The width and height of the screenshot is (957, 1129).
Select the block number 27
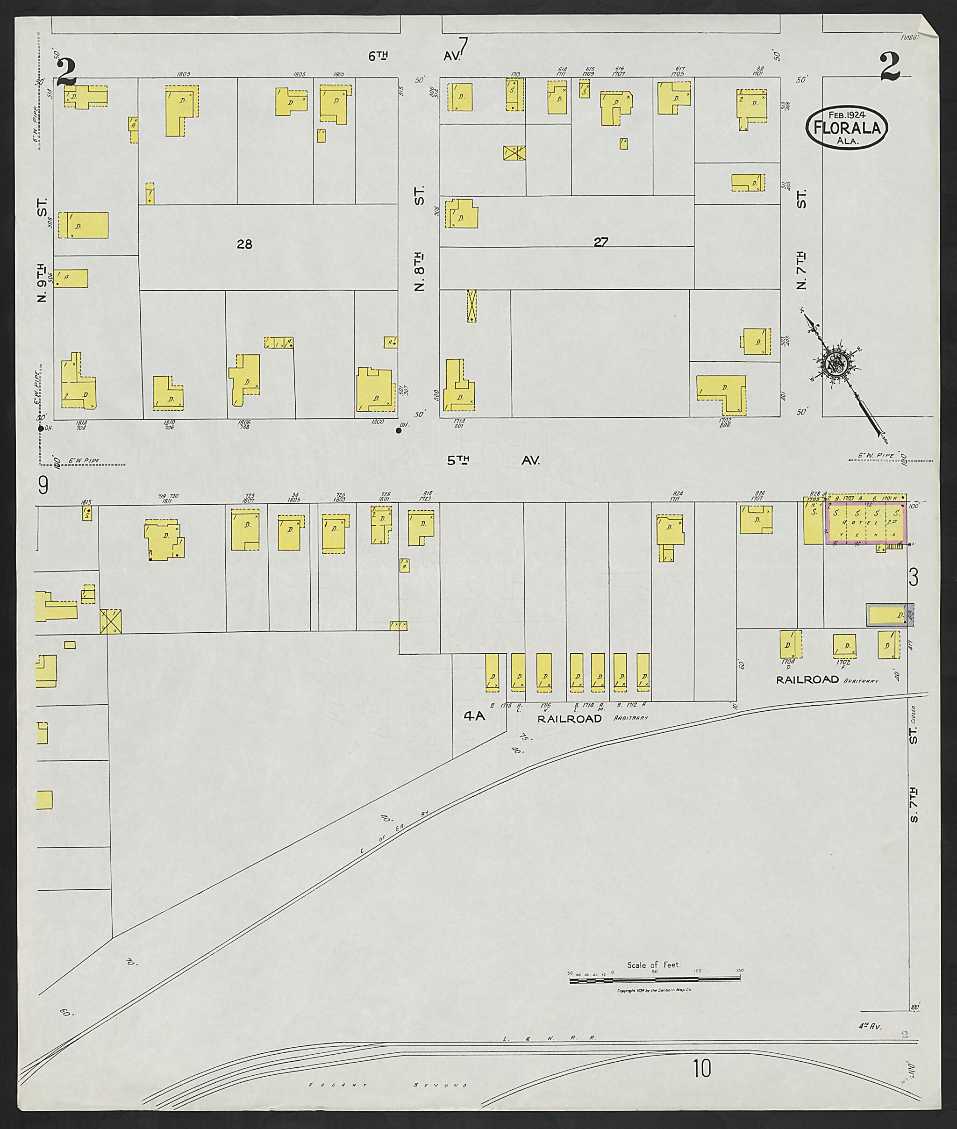(x=600, y=242)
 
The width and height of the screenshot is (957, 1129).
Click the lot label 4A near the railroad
(x=474, y=716)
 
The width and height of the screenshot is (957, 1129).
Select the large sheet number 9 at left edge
(x=43, y=486)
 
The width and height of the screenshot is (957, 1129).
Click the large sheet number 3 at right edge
(x=914, y=578)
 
